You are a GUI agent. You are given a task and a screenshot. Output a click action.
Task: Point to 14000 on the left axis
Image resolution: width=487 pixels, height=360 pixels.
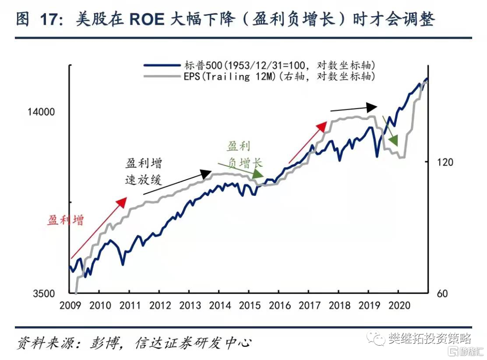click(x=41, y=112)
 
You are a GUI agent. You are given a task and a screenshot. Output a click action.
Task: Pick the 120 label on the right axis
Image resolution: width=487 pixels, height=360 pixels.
click(x=445, y=162)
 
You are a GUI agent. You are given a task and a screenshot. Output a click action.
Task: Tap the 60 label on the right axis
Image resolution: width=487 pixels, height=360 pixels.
click(x=443, y=294)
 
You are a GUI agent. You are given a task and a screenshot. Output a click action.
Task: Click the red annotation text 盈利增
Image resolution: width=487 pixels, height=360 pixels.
click(x=66, y=221)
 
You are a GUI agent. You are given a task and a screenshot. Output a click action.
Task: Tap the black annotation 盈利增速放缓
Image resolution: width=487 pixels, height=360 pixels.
click(x=143, y=171)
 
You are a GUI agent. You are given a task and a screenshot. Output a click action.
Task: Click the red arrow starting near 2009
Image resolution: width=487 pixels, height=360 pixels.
click(x=99, y=228)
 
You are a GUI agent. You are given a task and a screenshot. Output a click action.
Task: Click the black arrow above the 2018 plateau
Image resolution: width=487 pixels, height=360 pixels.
click(x=354, y=108)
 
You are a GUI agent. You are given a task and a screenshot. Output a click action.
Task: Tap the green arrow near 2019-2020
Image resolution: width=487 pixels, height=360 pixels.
click(x=391, y=131)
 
